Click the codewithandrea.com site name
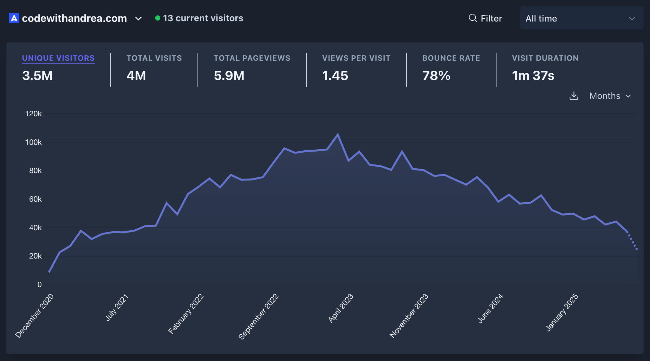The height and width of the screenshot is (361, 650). click(x=74, y=18)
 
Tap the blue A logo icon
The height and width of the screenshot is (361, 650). click(x=14, y=18)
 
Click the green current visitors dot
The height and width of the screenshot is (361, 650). click(x=157, y=18)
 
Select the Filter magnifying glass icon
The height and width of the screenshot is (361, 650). click(x=473, y=18)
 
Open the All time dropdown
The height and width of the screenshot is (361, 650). click(x=581, y=18)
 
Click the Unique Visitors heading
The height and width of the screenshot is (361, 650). click(x=58, y=58)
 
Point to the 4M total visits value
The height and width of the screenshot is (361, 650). click(x=136, y=76)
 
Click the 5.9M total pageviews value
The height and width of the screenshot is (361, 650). click(x=229, y=76)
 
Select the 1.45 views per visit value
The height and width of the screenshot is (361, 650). click(x=335, y=76)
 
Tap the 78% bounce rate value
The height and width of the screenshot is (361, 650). click(x=436, y=76)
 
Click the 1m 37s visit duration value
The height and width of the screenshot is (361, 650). click(x=533, y=76)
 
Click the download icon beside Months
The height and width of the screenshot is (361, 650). click(x=574, y=96)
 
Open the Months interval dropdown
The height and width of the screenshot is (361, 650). click(x=610, y=96)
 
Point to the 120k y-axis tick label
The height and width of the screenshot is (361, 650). click(x=33, y=114)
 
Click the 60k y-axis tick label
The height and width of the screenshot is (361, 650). click(x=35, y=199)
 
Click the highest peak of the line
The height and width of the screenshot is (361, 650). click(x=338, y=135)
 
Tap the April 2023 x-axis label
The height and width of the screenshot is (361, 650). click(x=341, y=308)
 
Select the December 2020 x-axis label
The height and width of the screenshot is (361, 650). click(x=35, y=315)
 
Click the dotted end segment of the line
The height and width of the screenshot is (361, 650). click(x=632, y=241)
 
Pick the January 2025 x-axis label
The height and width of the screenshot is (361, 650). click(x=562, y=312)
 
